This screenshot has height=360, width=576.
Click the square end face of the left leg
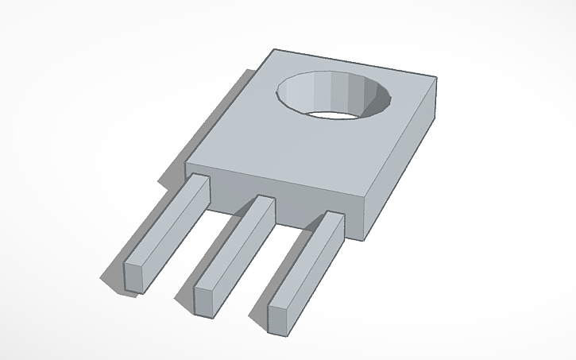pyautogui.click(x=135, y=276)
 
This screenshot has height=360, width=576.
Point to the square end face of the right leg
pyautogui.click(x=280, y=315)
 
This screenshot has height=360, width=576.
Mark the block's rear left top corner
pyautogui.click(x=274, y=49)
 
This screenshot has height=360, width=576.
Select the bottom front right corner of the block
pyautogui.click(x=368, y=238)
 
